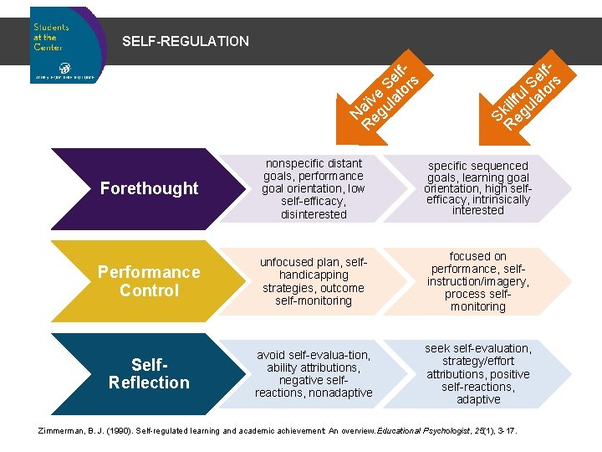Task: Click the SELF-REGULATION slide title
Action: (186, 41)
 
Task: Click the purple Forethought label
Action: (149, 188)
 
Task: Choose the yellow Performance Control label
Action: (149, 281)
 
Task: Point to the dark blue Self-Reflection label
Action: (149, 373)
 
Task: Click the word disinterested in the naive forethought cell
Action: (314, 214)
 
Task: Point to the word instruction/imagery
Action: (477, 282)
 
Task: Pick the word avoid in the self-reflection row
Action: (273, 355)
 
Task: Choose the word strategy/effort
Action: (477, 362)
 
